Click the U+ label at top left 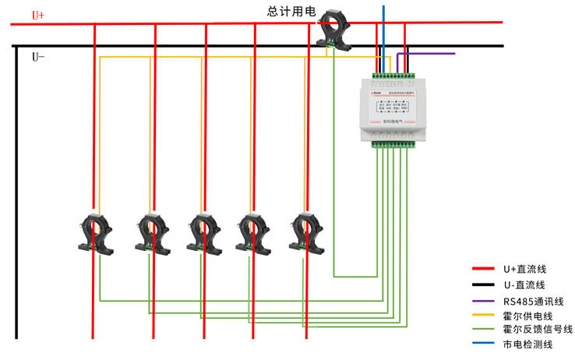[x=38, y=15]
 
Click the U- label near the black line [x=38, y=57]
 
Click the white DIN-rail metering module [x=393, y=109]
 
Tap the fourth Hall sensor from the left [x=254, y=231]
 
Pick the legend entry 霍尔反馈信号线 [x=538, y=329]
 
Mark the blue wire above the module [x=383, y=31]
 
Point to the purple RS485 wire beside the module [x=429, y=54]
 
